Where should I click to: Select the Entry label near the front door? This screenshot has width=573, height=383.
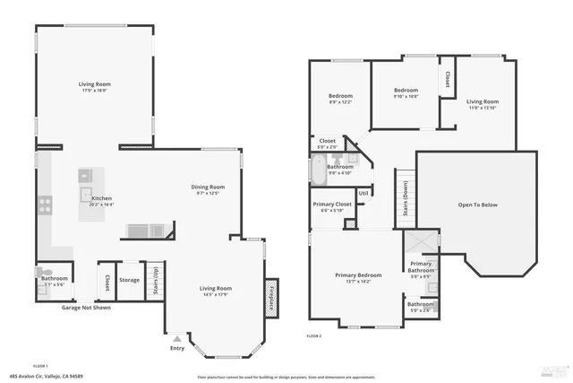pos(176,348)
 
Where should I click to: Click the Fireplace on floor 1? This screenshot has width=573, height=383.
pos(270,296)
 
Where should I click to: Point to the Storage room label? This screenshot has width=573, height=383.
pos(130,281)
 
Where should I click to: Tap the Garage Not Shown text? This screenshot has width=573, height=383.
pos(86,308)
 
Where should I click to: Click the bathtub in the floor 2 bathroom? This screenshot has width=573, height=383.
pos(319,170)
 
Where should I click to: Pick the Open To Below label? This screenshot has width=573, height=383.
pos(477,205)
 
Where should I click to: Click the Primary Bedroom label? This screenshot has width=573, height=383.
pos(358,274)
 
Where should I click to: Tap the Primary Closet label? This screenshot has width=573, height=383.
pos(332,205)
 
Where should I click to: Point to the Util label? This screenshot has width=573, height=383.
pos(363,193)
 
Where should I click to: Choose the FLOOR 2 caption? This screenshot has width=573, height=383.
pos(313,335)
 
